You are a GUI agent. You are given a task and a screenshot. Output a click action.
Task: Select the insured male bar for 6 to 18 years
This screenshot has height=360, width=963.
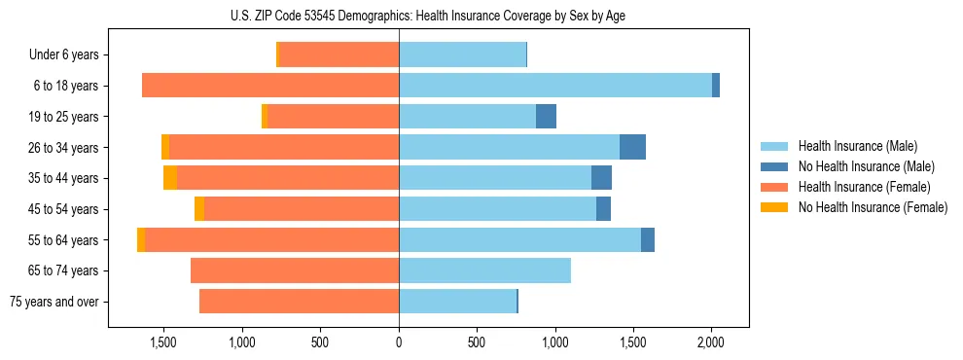[x=554, y=86]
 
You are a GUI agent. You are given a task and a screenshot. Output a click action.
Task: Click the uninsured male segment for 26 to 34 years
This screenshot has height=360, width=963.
[x=632, y=147]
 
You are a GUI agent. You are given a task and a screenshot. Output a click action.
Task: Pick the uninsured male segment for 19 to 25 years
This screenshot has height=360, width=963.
[x=546, y=117]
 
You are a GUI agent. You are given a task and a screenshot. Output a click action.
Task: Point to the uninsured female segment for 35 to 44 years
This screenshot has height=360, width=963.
[x=170, y=178]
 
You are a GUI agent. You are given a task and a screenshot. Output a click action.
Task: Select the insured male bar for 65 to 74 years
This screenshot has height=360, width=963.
[x=484, y=270]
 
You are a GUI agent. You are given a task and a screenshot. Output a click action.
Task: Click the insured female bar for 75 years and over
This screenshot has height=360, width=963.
[x=299, y=302]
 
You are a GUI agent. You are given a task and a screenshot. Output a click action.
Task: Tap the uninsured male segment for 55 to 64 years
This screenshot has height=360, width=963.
[x=648, y=239]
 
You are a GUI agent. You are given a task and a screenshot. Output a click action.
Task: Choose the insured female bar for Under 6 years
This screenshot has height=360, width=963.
[x=339, y=54]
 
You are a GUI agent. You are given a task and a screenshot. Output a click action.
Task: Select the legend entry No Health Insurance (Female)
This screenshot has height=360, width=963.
[x=873, y=207]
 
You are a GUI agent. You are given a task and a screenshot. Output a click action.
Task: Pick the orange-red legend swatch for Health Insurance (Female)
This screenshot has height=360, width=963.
[x=774, y=187]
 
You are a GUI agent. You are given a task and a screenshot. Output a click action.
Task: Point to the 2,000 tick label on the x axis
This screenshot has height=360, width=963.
[x=711, y=342]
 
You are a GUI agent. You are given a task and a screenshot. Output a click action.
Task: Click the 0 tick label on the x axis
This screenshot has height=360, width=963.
[x=399, y=342]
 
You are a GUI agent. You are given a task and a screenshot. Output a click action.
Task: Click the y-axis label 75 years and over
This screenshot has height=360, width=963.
[x=53, y=302]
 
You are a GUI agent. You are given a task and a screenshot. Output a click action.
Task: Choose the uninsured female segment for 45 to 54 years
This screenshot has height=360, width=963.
[x=199, y=209]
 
